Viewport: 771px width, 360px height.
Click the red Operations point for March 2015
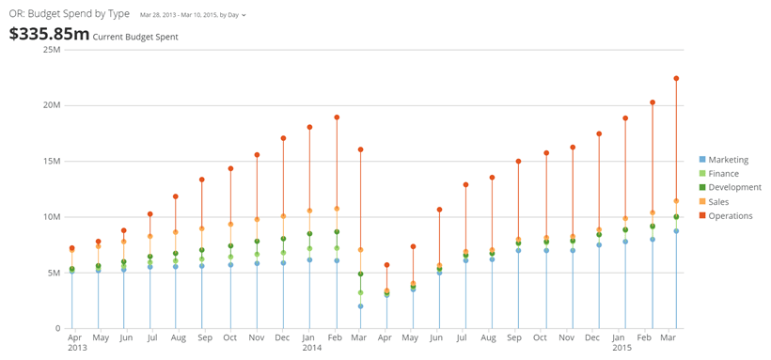[676, 78]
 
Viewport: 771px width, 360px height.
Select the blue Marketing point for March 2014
[360, 305]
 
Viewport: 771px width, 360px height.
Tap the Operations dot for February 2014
[337, 117]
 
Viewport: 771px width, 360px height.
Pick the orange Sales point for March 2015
[676, 200]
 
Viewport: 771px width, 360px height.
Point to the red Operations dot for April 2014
[387, 264]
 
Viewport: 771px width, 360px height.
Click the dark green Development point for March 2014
[360, 274]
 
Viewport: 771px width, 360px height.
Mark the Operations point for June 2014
[439, 210]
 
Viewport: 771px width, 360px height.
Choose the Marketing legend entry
[724, 160]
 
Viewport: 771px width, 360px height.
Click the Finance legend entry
[719, 174]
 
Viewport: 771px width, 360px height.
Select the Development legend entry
[731, 187]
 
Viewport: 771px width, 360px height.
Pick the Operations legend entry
[726, 216]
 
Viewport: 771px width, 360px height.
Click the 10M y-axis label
[53, 217]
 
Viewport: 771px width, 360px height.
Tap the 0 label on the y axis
[57, 329]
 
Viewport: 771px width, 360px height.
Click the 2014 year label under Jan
[312, 348]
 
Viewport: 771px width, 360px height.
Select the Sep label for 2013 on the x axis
[205, 337]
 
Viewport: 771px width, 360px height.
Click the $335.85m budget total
[49, 34]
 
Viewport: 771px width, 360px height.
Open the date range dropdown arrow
[244, 15]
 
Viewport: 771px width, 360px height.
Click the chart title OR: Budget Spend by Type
[70, 14]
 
